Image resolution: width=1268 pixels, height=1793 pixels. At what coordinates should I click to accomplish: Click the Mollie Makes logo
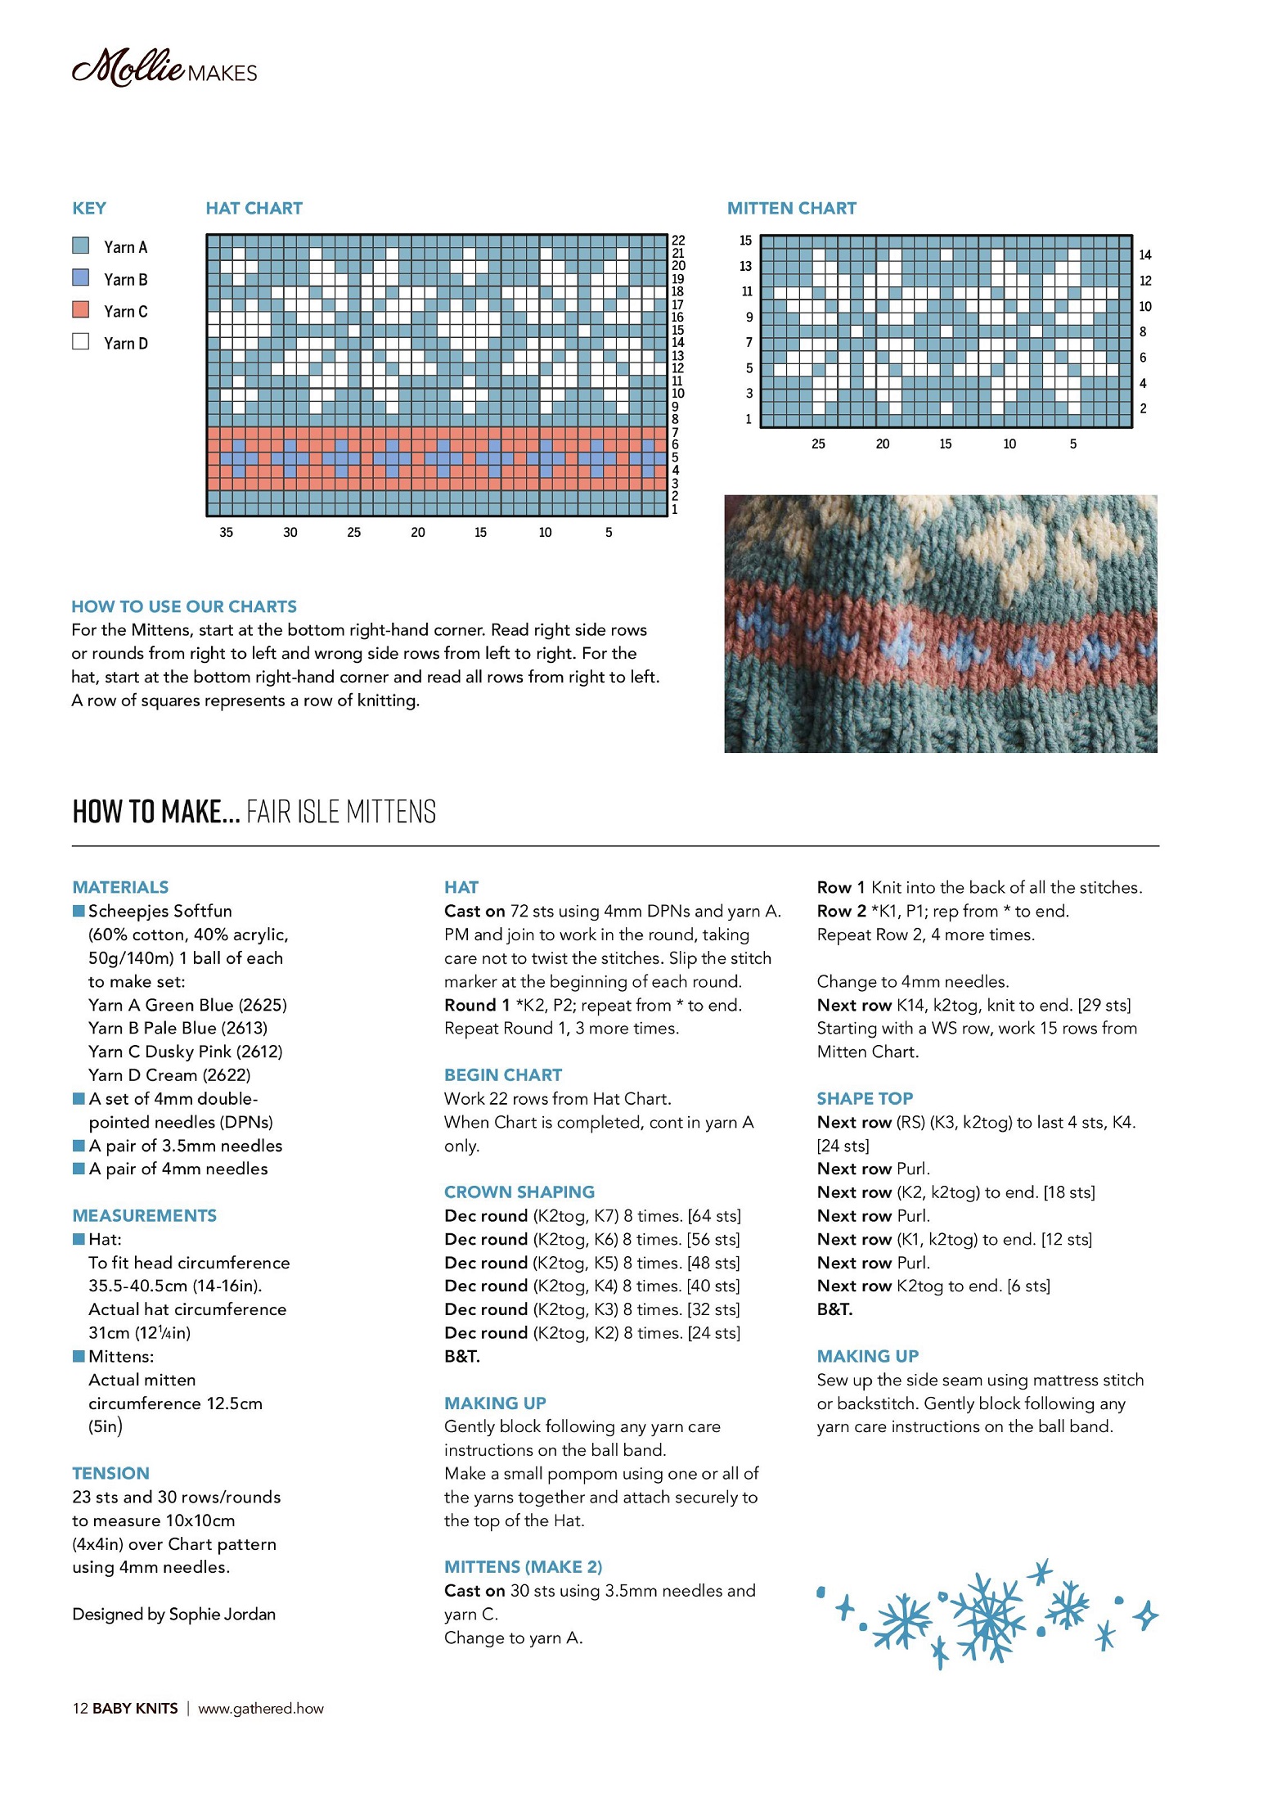tap(164, 69)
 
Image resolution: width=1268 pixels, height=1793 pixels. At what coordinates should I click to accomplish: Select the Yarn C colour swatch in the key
tap(80, 310)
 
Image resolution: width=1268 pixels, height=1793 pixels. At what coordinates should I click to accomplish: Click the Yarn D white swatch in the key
tap(80, 341)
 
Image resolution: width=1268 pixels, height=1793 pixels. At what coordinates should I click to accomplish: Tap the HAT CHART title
tap(254, 209)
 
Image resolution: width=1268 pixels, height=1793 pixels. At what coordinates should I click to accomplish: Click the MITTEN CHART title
tap(791, 209)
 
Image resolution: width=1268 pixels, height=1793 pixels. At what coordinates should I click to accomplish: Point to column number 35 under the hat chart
tap(226, 533)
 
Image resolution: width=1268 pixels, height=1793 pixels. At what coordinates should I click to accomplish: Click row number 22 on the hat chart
tap(678, 240)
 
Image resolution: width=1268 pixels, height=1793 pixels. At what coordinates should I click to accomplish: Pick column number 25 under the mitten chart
tap(818, 444)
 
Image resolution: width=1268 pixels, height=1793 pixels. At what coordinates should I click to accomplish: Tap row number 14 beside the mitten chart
tap(1144, 255)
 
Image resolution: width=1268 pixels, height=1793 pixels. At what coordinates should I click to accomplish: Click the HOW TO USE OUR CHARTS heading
tap(184, 606)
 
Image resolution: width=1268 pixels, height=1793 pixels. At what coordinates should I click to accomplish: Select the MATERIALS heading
tap(120, 887)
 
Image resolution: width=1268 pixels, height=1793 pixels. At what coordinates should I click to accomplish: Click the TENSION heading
tap(110, 1473)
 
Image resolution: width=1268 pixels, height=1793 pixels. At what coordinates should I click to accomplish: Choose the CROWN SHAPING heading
tap(519, 1192)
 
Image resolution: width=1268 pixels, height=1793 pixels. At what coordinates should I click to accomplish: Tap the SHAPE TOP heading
tap(865, 1098)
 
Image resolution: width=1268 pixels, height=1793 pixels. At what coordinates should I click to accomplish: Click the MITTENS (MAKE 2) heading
tap(523, 1566)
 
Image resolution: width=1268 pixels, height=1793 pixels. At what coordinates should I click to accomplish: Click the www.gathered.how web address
tap(261, 1708)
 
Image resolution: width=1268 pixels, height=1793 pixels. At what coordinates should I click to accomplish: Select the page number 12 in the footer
tap(80, 1708)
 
